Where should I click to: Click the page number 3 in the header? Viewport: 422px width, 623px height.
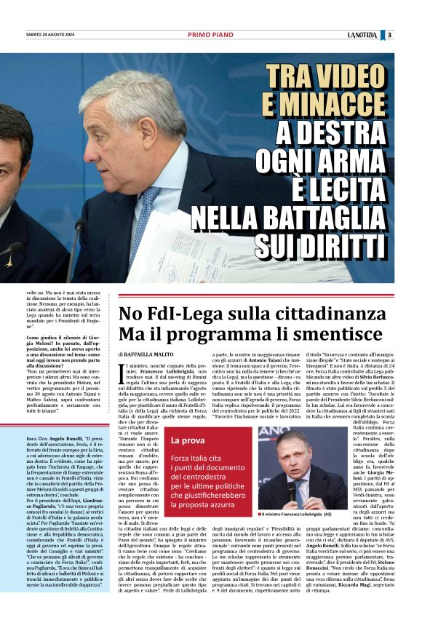(x=389, y=35)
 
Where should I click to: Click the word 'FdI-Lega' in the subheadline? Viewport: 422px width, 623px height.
(x=175, y=315)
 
